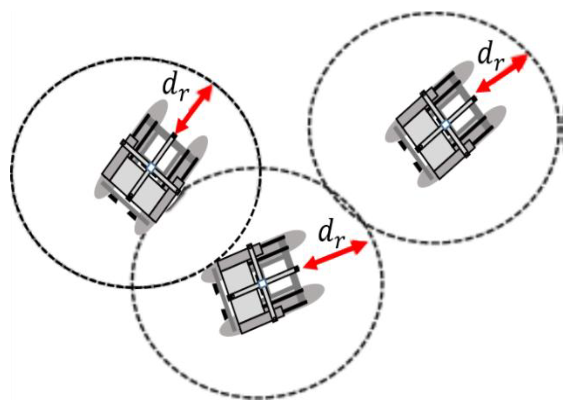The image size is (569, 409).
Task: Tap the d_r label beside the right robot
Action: click(491, 59)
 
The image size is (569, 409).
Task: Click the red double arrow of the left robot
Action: click(194, 109)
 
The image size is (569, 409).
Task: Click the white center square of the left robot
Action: click(151, 168)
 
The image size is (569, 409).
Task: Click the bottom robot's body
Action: click(263, 283)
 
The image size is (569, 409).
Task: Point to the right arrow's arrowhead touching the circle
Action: click(520, 61)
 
